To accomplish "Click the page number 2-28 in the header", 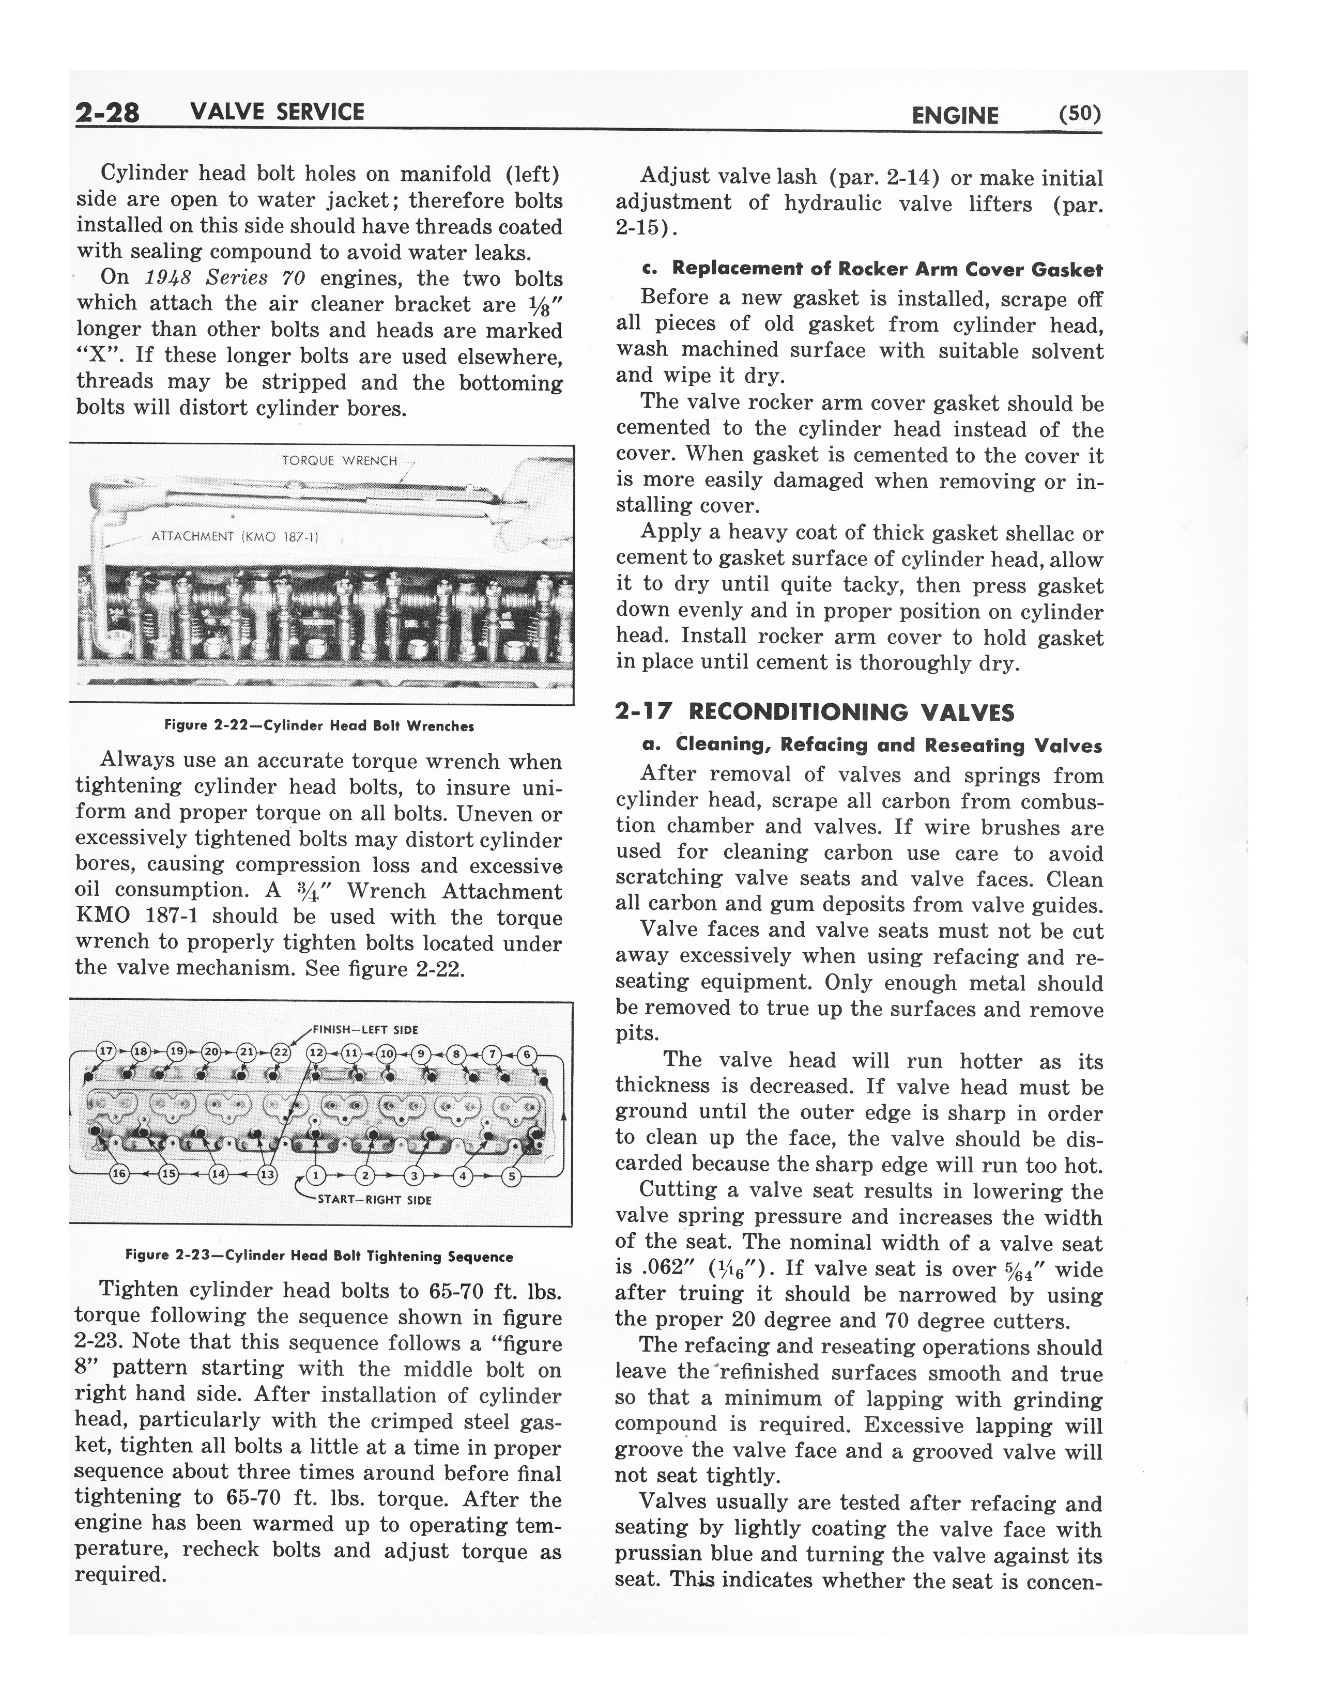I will click(107, 113).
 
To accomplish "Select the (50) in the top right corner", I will click(1079, 115).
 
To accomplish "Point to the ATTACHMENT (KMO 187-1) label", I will click(235, 536).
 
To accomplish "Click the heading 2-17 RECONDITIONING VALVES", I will click(815, 712).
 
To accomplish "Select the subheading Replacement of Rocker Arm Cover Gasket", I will click(871, 269).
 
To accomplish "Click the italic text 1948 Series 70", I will click(224, 278).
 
